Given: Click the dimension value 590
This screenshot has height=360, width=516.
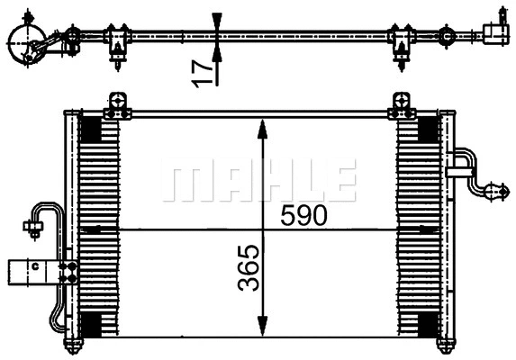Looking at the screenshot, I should pos(303,215).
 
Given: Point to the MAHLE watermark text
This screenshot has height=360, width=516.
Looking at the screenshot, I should pos(258,179).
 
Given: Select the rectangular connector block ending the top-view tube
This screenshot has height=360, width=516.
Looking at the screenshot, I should pos(496,32).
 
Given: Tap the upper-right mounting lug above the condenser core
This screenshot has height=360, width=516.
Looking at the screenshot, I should pos(399,106).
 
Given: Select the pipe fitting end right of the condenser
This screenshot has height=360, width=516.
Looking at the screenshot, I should pos(493,190).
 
